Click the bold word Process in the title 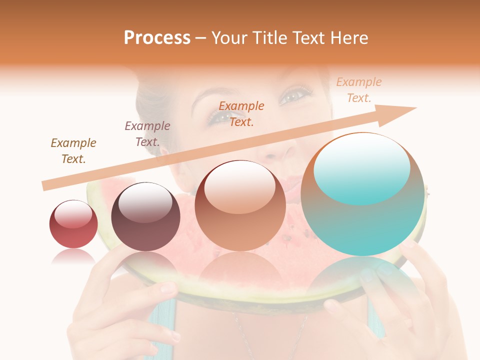[x=157, y=38]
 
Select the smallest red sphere [x=73, y=224]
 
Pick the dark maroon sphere [x=145, y=216]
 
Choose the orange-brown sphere [x=240, y=205]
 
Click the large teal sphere [x=362, y=194]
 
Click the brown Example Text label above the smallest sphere [x=73, y=150]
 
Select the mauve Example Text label [x=147, y=133]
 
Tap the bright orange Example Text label [x=241, y=113]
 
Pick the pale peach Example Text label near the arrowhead [x=359, y=89]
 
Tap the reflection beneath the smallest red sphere [x=73, y=256]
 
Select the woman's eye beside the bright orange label [x=216, y=117]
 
